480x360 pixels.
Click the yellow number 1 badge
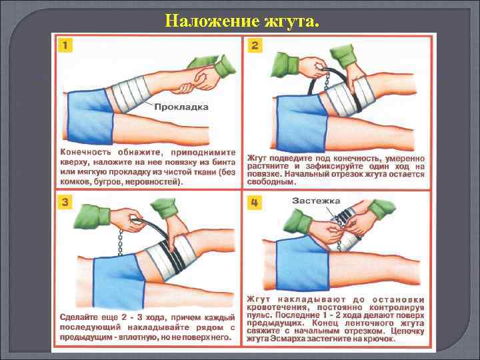tap(65, 45)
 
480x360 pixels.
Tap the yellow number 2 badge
tap(255, 45)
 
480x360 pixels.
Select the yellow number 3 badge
tap(65, 203)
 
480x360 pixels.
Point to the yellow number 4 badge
tap(255, 203)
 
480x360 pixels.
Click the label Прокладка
tap(181, 107)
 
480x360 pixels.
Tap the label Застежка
tap(316, 201)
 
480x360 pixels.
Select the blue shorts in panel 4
tap(302, 264)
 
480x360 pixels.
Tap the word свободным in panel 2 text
tap(271, 182)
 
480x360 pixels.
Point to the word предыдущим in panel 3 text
tap(83, 337)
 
